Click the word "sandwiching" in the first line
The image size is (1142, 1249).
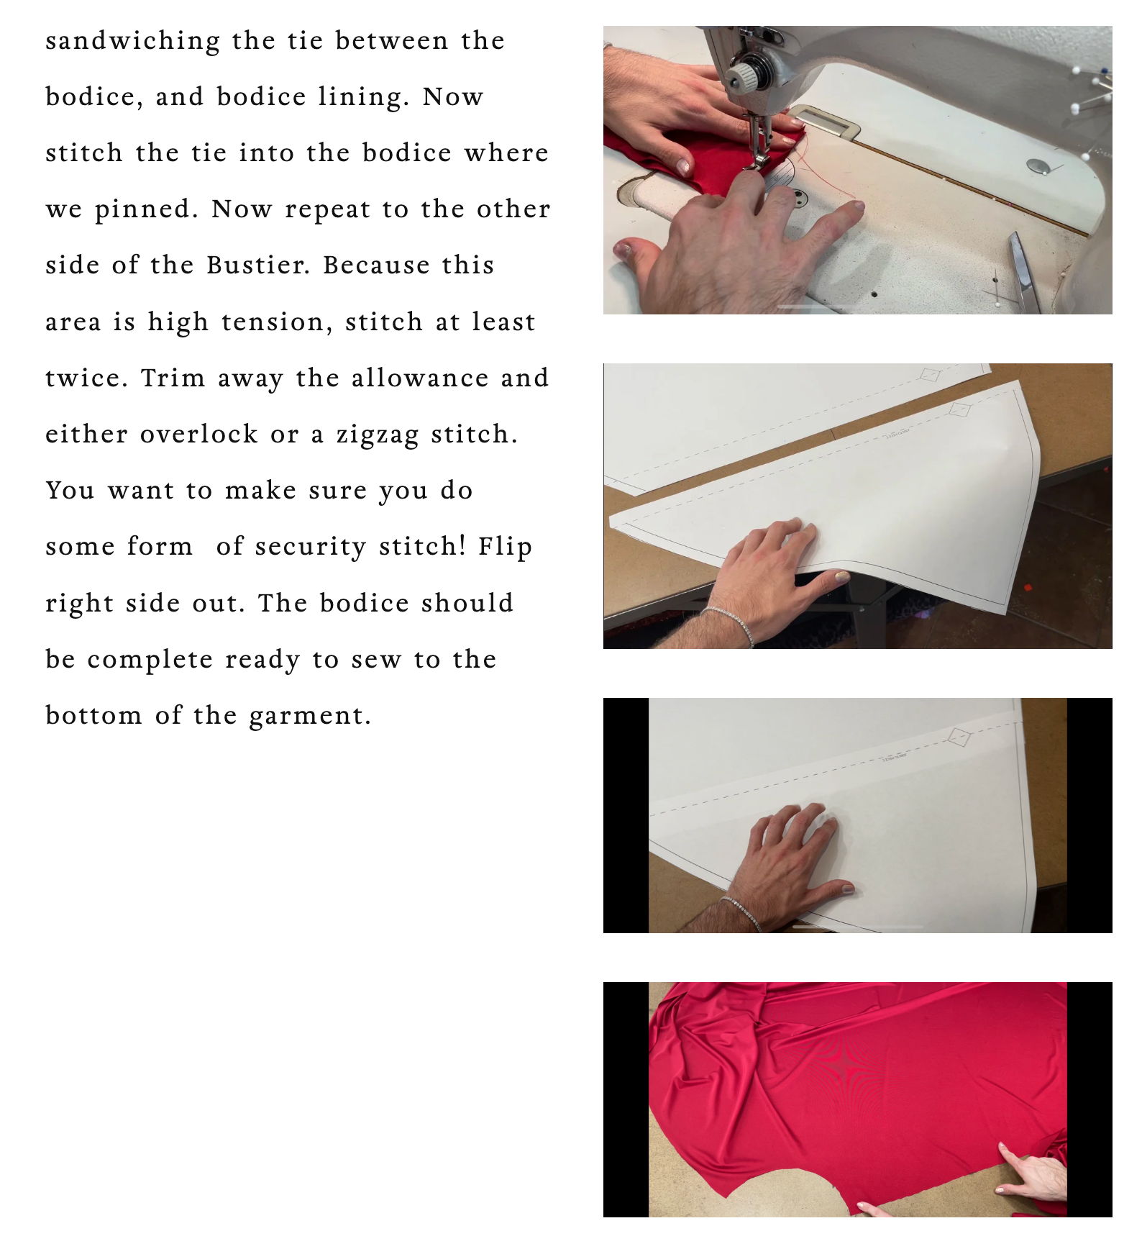[x=133, y=42]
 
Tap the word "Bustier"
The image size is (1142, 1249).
[x=258, y=265]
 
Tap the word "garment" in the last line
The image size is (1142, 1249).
[x=309, y=717]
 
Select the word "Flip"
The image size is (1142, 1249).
[x=505, y=547]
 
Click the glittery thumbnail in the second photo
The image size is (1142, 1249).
[x=839, y=576]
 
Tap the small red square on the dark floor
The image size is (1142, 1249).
[x=1028, y=587]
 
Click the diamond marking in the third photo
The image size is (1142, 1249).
[x=960, y=737]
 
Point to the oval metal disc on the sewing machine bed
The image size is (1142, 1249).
[x=1038, y=166]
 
